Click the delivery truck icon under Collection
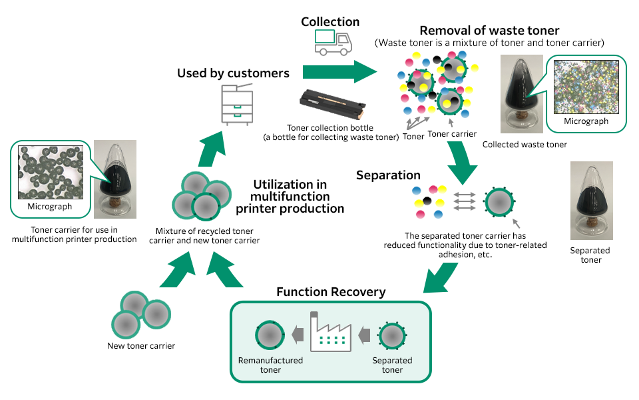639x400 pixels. (x=333, y=44)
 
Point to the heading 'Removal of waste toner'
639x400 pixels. (x=489, y=30)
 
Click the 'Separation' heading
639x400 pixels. (x=388, y=175)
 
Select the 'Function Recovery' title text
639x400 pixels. (x=331, y=292)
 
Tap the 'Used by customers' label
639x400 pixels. (x=233, y=73)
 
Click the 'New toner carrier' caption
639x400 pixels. (x=141, y=345)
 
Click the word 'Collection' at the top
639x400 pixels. (x=330, y=21)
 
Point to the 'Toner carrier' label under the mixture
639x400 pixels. (x=452, y=133)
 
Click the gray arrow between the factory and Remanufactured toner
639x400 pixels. (x=299, y=333)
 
